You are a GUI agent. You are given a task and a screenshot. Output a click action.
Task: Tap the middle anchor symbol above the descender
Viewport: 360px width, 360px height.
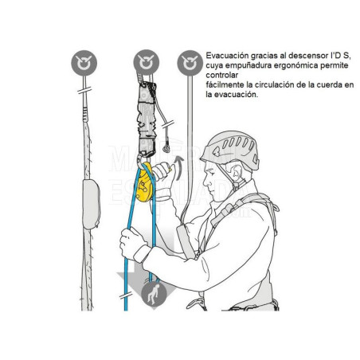click(144, 61)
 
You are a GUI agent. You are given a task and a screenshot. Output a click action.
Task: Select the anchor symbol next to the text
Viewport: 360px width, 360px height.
click(190, 61)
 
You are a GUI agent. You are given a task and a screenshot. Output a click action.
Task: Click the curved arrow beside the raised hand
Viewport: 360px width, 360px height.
click(178, 167)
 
